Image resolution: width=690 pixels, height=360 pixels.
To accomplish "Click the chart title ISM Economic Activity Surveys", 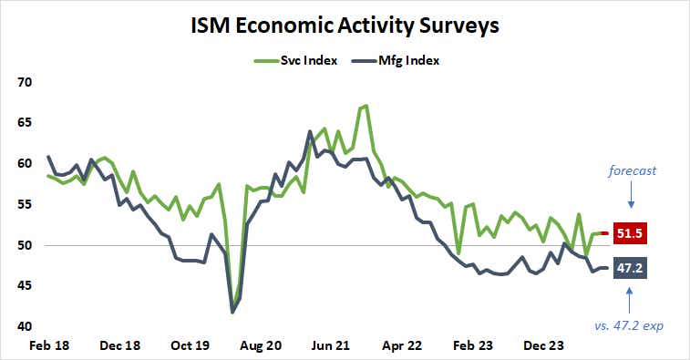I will [345, 25].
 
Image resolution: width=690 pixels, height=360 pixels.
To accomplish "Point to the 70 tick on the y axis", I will [25, 82].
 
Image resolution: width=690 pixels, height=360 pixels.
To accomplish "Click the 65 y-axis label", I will [25, 123].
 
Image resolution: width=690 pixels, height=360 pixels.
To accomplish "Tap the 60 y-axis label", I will [25, 164].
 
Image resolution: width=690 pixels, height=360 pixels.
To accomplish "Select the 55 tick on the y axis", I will [25, 205].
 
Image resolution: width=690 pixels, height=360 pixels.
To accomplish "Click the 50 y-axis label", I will [25, 246].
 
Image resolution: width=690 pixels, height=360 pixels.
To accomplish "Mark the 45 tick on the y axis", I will [25, 286].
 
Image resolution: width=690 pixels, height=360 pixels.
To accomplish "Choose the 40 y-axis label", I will [25, 327].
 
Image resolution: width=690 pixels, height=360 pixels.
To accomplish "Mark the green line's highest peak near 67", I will [366, 106].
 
